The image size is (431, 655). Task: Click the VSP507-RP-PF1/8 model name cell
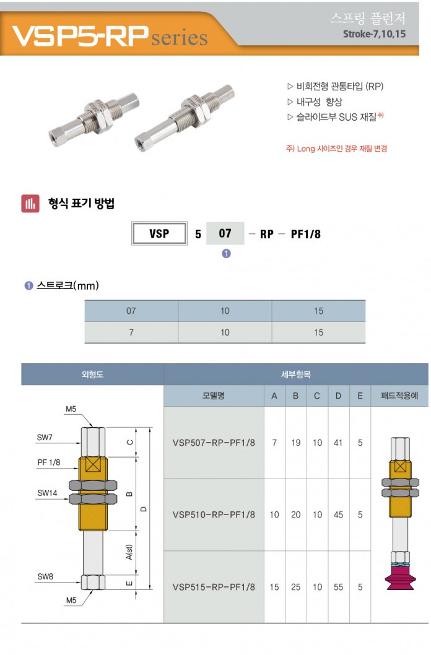point(214,443)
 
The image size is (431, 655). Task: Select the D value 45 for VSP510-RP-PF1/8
point(338,514)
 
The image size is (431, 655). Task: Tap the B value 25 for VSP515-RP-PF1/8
point(295,587)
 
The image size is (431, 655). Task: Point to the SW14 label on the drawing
point(47,493)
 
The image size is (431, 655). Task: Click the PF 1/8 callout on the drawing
point(49,462)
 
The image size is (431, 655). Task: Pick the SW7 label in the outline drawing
point(45,438)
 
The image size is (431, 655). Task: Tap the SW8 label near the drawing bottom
point(45,576)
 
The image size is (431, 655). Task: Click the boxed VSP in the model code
point(159,234)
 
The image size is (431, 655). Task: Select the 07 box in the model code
point(225,233)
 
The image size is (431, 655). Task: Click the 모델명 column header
point(214,396)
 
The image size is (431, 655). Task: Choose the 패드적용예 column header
point(399,396)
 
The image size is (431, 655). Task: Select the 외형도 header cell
point(92,375)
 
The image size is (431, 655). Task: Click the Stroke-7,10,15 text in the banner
point(374,34)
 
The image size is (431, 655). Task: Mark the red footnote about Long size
point(337,149)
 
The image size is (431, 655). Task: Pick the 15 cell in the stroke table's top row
point(318,311)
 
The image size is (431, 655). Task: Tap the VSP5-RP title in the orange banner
point(77,36)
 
